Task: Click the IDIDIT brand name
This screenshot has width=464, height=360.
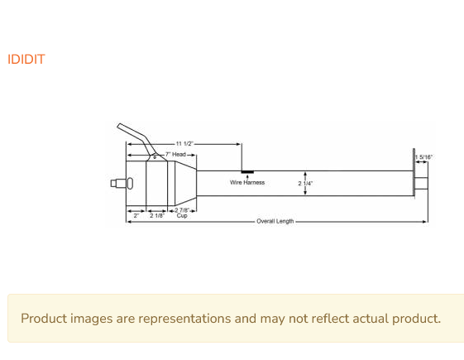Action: pos(26,60)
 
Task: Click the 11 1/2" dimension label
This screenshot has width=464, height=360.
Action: pos(184,144)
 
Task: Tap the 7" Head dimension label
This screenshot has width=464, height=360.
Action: pos(175,155)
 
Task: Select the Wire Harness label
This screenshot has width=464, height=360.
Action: pos(247,182)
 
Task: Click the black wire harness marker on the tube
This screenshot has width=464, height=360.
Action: pos(247,172)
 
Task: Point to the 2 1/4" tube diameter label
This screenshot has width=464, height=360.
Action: pos(305,184)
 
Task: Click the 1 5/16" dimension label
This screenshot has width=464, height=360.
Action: pos(423,157)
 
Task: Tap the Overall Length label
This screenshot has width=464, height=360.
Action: pos(275,221)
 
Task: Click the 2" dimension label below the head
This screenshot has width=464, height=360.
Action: pos(136,215)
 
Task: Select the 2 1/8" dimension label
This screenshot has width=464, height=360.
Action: pos(157,215)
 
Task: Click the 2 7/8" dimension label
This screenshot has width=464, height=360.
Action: pos(182,210)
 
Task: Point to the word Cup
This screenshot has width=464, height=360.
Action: pos(182,215)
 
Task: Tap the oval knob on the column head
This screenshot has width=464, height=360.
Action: pos(130,184)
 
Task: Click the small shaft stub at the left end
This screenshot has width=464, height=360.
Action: pos(118,184)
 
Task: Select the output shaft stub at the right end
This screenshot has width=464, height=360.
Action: pos(421,183)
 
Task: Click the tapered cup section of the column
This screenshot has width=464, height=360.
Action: pos(186,183)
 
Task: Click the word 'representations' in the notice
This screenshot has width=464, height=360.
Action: pos(184,319)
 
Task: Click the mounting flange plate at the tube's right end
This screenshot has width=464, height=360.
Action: pos(414,174)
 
